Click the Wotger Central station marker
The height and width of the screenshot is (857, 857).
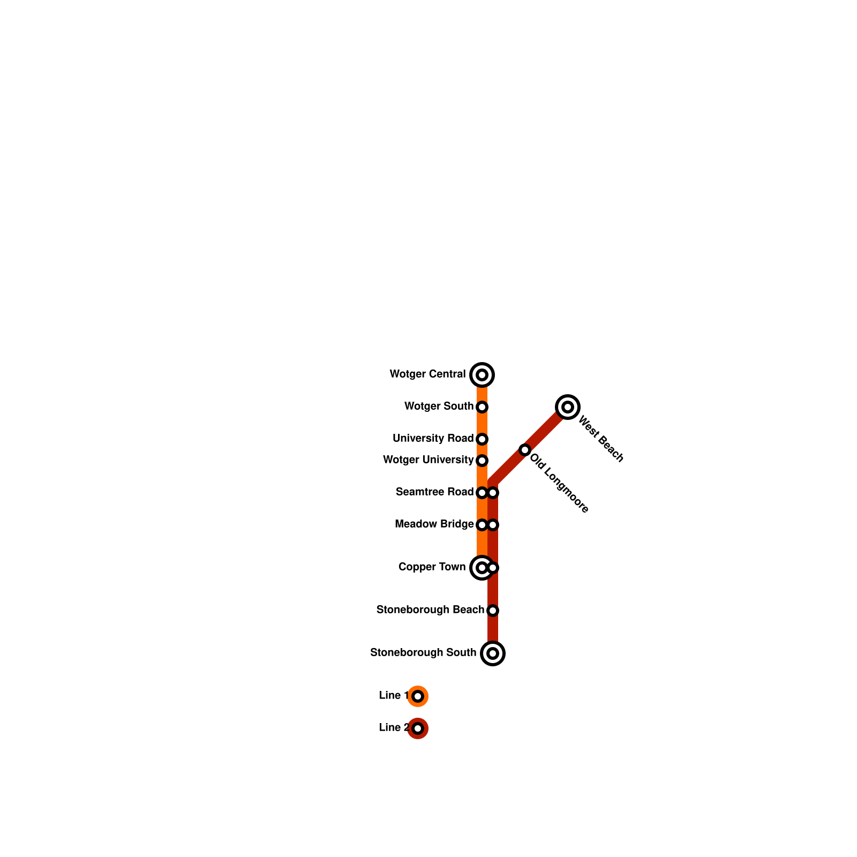click(x=482, y=374)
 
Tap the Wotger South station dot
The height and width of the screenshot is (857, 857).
click(x=482, y=407)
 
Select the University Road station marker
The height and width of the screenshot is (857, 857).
click(x=482, y=439)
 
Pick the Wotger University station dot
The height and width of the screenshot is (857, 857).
click(x=482, y=461)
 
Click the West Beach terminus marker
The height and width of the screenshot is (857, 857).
click(x=568, y=407)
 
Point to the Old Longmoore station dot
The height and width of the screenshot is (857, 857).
click(x=525, y=450)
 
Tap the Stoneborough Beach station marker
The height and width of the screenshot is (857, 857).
click(x=493, y=611)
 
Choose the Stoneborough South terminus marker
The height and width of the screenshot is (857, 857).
click(x=493, y=653)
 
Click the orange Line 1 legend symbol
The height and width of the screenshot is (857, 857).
click(x=418, y=696)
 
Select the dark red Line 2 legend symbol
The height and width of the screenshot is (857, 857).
click(x=418, y=728)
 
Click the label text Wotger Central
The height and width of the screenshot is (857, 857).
click(x=427, y=374)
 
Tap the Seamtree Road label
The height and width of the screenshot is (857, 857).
click(x=434, y=492)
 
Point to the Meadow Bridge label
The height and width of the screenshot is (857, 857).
click(x=434, y=524)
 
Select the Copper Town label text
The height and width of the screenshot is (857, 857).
click(x=432, y=567)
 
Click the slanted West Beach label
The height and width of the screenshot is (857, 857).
click(x=601, y=439)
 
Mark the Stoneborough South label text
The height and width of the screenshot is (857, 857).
click(x=423, y=653)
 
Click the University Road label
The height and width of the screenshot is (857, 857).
click(x=433, y=439)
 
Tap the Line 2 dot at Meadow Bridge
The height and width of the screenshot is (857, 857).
click(x=493, y=525)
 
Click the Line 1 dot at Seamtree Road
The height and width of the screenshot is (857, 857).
click(x=482, y=493)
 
